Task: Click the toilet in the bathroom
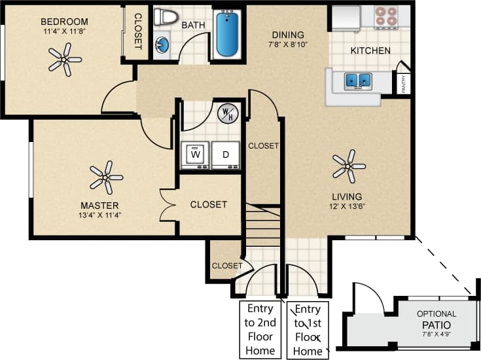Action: click(166, 17)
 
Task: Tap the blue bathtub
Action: click(227, 33)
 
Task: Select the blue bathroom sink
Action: click(162, 45)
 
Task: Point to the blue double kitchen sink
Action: click(358, 81)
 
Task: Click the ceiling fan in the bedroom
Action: click(64, 60)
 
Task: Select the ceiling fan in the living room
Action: click(348, 165)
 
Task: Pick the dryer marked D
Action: click(226, 154)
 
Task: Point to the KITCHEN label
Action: click(370, 50)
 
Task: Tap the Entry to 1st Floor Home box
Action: click(308, 329)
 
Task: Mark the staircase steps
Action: click(263, 229)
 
